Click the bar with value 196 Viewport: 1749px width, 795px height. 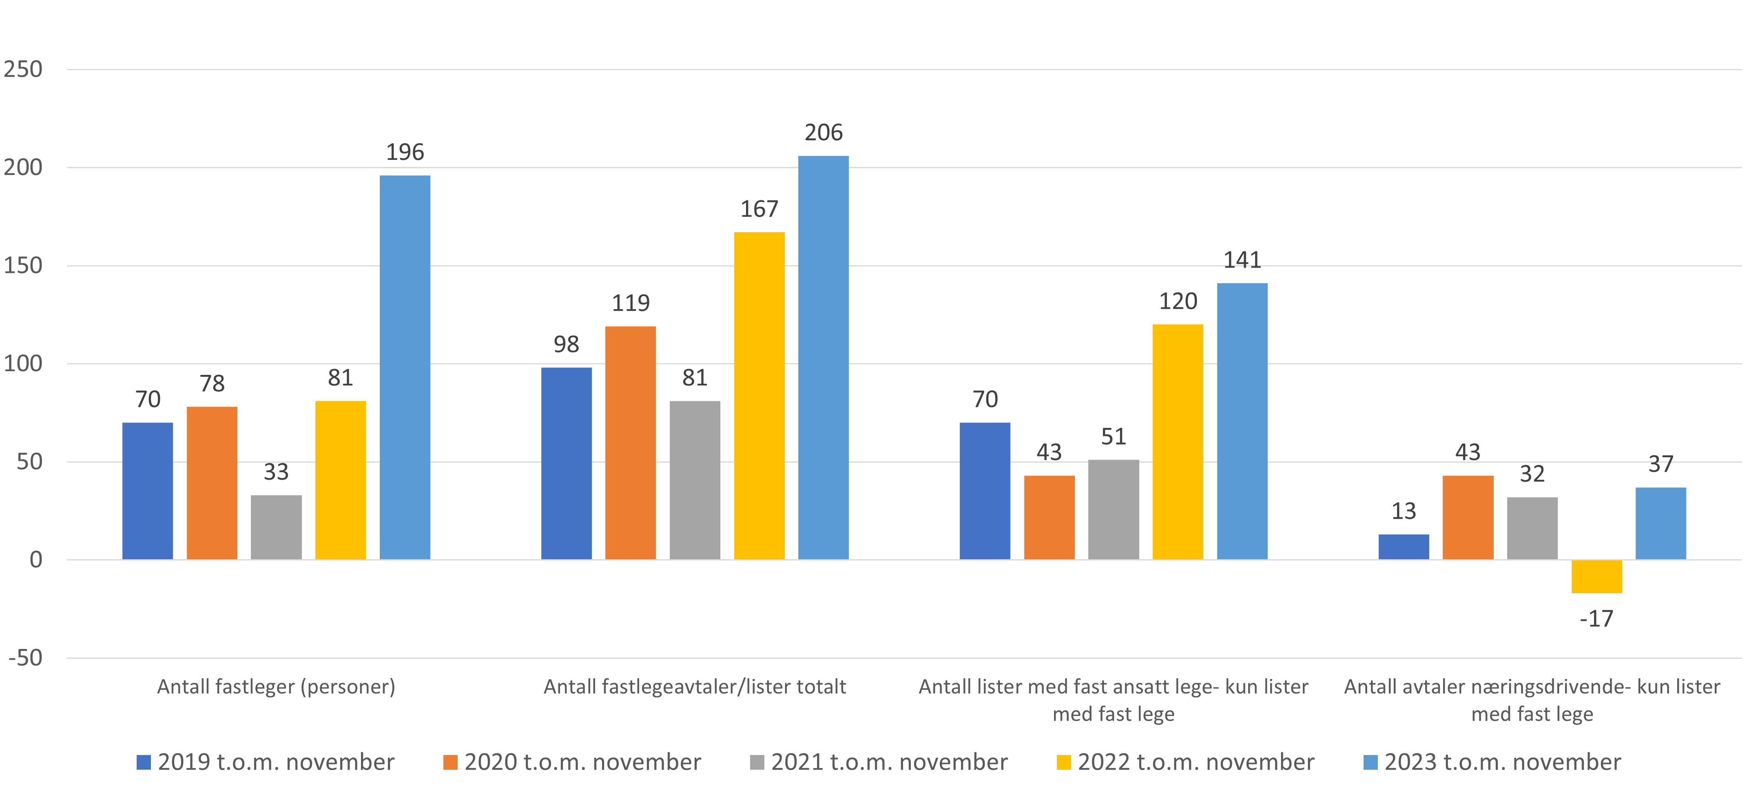point(405,367)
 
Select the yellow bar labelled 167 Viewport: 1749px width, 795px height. point(759,396)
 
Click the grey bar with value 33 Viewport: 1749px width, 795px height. point(276,527)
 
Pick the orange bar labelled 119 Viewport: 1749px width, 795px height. point(631,443)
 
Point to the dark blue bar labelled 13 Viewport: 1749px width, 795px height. point(1404,547)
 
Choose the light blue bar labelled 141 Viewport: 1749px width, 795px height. point(1242,421)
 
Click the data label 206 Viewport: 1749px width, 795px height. point(824,133)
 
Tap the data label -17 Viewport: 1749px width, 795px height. point(1596,618)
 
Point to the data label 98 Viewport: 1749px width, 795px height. point(566,344)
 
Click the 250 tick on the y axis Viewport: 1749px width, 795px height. point(23,69)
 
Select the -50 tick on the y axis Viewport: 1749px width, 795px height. point(26,658)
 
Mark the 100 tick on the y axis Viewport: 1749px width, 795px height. point(23,364)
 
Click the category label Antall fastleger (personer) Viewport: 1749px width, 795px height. point(276,687)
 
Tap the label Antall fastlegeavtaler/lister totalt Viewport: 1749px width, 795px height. point(695,687)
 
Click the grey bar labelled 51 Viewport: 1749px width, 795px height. point(1114,509)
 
